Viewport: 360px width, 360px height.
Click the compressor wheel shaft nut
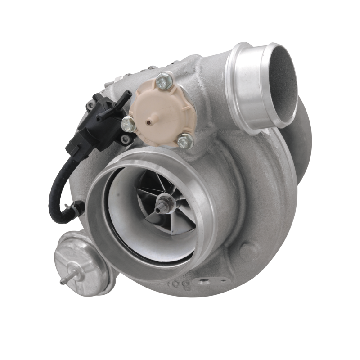pos(160,208)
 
